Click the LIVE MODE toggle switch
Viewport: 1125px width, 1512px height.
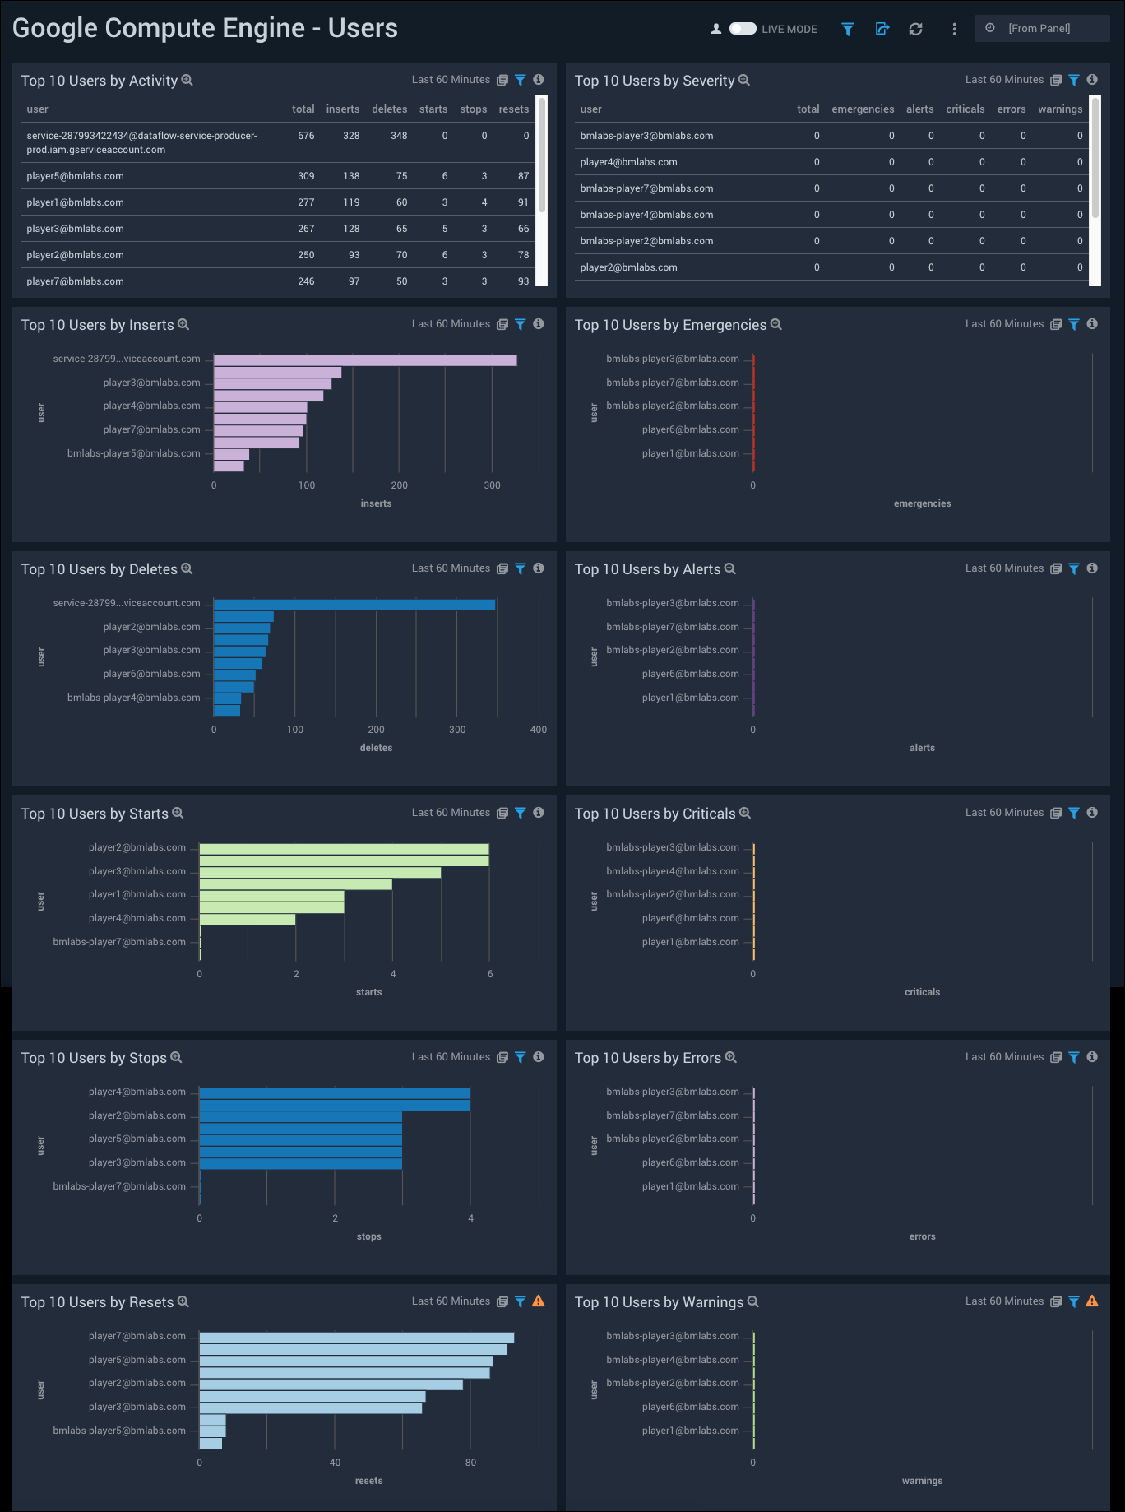pyautogui.click(x=743, y=29)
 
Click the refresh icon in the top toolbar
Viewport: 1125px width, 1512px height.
pyautogui.click(x=915, y=29)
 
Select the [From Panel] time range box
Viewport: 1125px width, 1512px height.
pyautogui.click(x=1041, y=29)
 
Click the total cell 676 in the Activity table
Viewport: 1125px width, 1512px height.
pyautogui.click(x=306, y=136)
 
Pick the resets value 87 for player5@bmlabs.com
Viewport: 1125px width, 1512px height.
pyautogui.click(x=523, y=176)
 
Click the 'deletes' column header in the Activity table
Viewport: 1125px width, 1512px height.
pyautogui.click(x=389, y=109)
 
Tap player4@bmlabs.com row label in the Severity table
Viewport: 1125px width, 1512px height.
pyautogui.click(x=628, y=162)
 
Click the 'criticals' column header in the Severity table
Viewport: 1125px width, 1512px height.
pyautogui.click(x=965, y=109)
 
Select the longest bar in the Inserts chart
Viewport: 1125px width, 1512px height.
pyautogui.click(x=365, y=360)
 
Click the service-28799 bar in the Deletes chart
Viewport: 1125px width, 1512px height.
pyautogui.click(x=354, y=605)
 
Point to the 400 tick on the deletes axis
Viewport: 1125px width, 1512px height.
pyautogui.click(x=538, y=730)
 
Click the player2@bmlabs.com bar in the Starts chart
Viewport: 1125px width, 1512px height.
pyautogui.click(x=344, y=849)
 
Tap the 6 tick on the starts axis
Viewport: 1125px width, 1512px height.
pyautogui.click(x=490, y=974)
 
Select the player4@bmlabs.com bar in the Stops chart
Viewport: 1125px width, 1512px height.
pyautogui.click(x=334, y=1093)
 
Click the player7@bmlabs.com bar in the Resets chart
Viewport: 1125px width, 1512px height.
pyautogui.click(x=356, y=1338)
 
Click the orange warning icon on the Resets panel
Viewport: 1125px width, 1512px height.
pyautogui.click(x=539, y=1301)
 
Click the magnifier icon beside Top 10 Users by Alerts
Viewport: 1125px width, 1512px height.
pyautogui.click(x=730, y=568)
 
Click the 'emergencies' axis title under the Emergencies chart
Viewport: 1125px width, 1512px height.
pyautogui.click(x=922, y=503)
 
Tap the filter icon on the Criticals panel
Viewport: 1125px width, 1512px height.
pyautogui.click(x=1074, y=813)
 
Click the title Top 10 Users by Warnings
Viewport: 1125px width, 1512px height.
pyautogui.click(x=659, y=1302)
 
